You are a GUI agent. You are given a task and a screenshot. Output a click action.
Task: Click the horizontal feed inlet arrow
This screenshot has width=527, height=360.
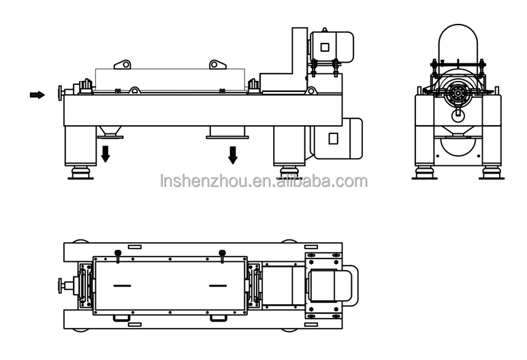[x=37, y=95]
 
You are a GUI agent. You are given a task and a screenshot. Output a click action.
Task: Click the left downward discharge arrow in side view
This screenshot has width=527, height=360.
[x=106, y=154]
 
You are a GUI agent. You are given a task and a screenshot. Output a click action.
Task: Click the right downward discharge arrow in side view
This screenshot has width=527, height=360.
[x=233, y=154]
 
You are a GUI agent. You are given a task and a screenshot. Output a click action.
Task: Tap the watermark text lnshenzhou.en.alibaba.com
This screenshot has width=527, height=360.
[x=263, y=181]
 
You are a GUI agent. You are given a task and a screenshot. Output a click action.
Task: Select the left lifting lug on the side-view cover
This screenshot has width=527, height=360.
[x=123, y=65]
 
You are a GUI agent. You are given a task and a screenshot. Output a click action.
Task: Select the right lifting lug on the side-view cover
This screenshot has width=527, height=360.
[x=217, y=65]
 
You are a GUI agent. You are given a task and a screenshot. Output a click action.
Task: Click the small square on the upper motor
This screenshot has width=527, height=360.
[x=325, y=47]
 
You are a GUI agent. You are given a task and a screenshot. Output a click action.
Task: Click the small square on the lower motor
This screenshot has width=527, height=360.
[x=333, y=138]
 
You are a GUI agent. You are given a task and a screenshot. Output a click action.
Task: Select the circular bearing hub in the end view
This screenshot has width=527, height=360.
[x=458, y=95]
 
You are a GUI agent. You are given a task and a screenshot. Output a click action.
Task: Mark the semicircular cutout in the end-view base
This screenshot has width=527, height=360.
[x=458, y=145]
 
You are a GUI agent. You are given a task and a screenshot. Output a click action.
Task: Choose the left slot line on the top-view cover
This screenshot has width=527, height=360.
[x=123, y=286]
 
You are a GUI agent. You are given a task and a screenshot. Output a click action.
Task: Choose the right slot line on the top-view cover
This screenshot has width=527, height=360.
[x=217, y=286]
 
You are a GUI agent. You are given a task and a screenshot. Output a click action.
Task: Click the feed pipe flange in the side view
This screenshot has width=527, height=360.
[x=61, y=91]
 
